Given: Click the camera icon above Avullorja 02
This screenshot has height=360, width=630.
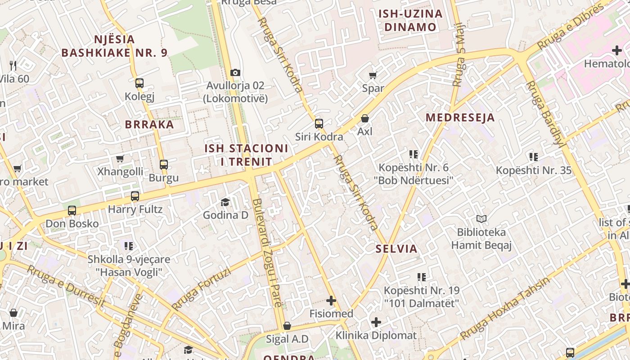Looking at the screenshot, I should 235,72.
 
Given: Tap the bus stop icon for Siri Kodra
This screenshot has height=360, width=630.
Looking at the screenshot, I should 319,123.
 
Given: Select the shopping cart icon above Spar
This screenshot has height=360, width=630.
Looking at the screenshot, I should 373,75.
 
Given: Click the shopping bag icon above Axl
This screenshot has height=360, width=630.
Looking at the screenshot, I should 365,118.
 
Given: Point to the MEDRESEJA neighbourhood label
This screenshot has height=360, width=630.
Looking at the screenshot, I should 460,118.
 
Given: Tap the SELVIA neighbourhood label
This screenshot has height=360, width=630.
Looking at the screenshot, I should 396,248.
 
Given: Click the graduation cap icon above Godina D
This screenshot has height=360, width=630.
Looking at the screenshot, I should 225,202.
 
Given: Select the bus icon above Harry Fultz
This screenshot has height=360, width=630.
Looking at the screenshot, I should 135,196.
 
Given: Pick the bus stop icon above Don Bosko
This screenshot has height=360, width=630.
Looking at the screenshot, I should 72,211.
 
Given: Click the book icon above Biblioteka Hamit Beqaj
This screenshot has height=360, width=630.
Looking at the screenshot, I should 481,219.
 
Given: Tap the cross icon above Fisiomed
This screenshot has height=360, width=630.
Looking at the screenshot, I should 331,301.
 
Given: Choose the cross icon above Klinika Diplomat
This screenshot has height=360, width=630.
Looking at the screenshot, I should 376,322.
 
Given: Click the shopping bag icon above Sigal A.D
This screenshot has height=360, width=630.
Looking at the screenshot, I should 287,326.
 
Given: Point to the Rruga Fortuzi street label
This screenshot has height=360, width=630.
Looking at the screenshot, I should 201,289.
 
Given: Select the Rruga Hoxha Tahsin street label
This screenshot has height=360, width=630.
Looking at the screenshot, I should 505,309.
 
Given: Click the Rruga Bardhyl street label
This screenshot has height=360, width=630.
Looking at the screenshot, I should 545,114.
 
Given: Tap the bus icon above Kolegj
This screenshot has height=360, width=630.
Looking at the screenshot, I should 139,83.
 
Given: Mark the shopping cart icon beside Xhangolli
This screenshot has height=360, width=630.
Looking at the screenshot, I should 120,158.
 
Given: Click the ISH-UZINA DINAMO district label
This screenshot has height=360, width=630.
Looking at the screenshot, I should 410,20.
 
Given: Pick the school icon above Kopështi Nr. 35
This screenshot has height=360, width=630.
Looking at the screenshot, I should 534,157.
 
